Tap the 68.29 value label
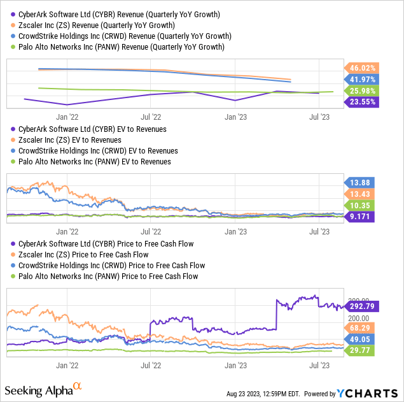(x=361, y=327)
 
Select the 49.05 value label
(x=361, y=340)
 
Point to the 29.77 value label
(x=361, y=350)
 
